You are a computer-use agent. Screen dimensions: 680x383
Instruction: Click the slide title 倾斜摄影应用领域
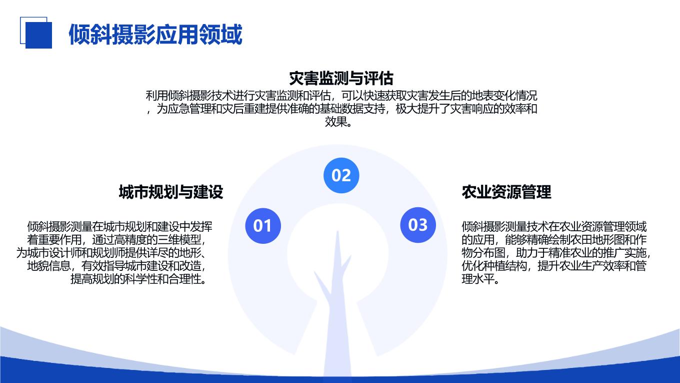155,35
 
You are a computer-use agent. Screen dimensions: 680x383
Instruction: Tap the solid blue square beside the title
38,35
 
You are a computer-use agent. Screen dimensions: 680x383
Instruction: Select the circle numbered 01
263,226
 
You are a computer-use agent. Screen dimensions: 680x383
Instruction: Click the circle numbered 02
341,175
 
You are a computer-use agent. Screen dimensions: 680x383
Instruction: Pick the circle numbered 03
418,225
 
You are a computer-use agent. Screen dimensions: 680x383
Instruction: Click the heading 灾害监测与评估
341,79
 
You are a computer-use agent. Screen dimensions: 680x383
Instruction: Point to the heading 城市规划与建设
171,192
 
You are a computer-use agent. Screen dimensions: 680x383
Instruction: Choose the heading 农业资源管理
506,192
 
